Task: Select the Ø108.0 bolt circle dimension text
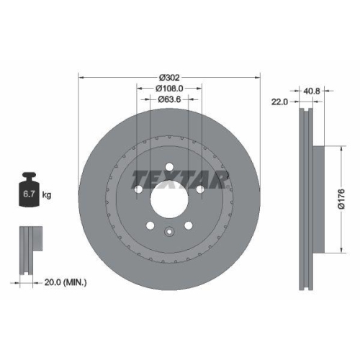168,89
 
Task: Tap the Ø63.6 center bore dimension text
168,101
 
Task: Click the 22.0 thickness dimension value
279,102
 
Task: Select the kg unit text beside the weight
47,195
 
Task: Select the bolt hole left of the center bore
137,190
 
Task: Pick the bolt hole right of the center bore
199,190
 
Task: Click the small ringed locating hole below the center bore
168,232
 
